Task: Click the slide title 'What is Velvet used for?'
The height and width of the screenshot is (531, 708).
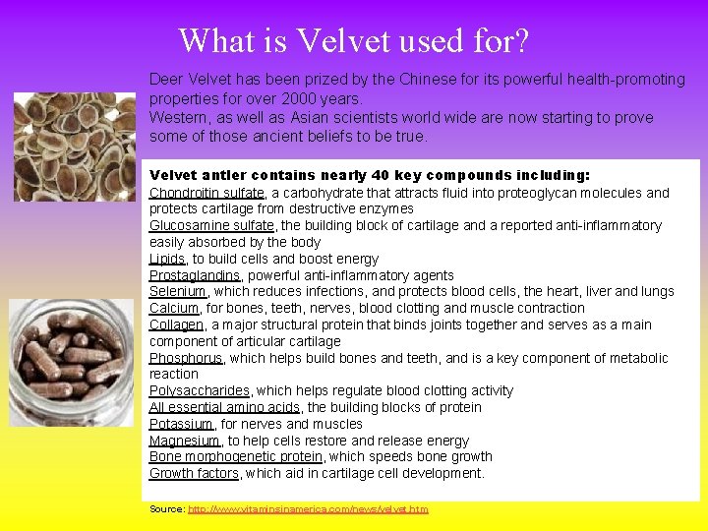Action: pos(354,40)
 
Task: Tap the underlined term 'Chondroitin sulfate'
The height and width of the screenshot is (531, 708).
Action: pos(206,193)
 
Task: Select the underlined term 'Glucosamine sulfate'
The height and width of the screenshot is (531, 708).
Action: pos(211,225)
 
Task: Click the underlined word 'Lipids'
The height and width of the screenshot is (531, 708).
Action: pos(167,259)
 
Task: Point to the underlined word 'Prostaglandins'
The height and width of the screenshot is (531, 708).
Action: pos(195,275)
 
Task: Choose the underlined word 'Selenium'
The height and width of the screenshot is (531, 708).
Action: pos(177,291)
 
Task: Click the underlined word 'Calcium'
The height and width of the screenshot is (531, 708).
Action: pos(174,308)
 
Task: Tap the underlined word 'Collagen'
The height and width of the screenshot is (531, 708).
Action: pos(176,324)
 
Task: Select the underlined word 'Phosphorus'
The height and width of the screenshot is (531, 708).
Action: pos(186,358)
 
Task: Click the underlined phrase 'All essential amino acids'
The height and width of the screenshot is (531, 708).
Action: pos(224,407)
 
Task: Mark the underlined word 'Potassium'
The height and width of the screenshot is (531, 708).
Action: pos(181,424)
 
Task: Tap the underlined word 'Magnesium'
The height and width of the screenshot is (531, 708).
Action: pos(184,441)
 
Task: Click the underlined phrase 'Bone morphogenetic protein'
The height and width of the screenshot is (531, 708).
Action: pos(235,456)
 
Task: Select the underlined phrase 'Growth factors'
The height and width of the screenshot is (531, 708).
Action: pos(194,473)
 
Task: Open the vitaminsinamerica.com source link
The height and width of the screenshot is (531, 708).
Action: pos(308,509)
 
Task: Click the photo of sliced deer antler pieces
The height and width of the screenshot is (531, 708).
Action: pos(75,146)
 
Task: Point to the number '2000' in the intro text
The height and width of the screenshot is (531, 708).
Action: pos(299,98)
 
